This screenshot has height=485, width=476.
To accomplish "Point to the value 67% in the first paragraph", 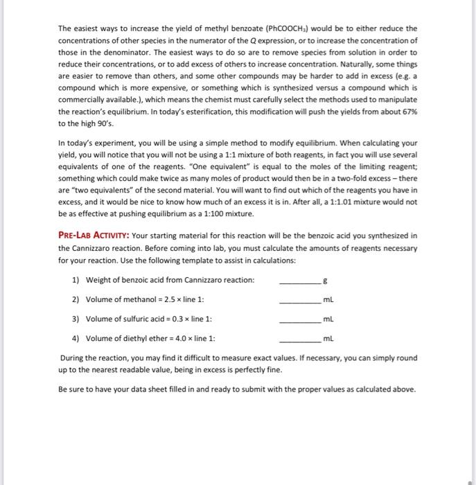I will [408, 111].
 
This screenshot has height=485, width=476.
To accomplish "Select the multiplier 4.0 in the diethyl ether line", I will [183, 338].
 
